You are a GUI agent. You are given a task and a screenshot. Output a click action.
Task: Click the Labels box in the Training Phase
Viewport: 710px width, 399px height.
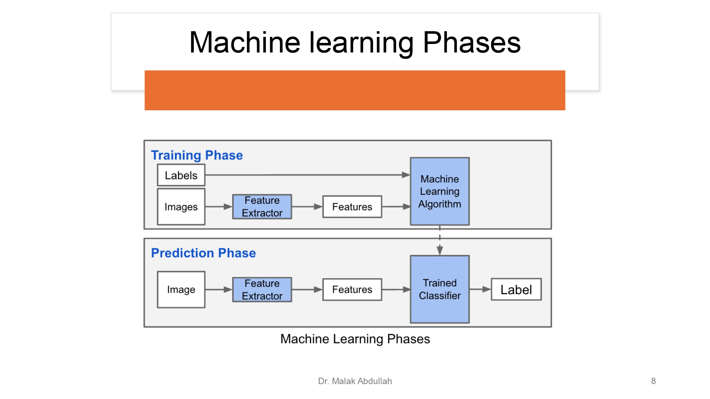(181, 175)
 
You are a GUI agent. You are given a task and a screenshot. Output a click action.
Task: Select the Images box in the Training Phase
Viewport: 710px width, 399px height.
(181, 207)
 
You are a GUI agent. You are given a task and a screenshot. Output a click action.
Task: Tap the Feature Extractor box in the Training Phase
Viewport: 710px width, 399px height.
(262, 207)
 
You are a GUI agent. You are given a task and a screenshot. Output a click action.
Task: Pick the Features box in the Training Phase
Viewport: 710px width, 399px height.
(352, 207)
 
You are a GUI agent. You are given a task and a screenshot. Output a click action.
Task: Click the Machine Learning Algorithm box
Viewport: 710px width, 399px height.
(439, 192)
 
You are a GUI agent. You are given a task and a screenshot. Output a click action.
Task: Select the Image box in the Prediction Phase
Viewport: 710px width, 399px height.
(181, 289)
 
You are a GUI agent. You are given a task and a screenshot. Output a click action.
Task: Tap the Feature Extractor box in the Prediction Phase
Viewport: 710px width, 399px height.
(262, 289)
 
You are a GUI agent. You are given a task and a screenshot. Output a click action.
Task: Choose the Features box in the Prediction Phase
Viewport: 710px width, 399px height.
(352, 289)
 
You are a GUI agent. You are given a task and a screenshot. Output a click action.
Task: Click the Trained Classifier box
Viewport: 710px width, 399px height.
(439, 289)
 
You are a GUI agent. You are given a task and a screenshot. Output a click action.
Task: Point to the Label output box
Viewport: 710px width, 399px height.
(516, 289)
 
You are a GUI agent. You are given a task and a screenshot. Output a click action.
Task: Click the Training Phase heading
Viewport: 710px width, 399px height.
(197, 155)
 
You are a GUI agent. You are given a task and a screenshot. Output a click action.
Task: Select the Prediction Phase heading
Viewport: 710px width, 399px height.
(203, 253)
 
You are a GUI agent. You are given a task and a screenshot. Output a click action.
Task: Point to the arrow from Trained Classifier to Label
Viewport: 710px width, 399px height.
(480, 289)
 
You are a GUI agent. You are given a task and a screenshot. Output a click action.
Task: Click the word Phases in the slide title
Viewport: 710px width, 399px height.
(471, 43)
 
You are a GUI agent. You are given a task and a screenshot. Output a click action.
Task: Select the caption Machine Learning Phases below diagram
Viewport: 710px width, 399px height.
(355, 339)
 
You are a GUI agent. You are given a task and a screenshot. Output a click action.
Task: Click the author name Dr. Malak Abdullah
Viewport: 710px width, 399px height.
(355, 381)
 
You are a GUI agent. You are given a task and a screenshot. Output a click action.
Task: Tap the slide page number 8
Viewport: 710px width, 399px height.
(653, 381)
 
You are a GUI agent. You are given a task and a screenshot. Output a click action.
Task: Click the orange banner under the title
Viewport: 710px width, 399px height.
(355, 90)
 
